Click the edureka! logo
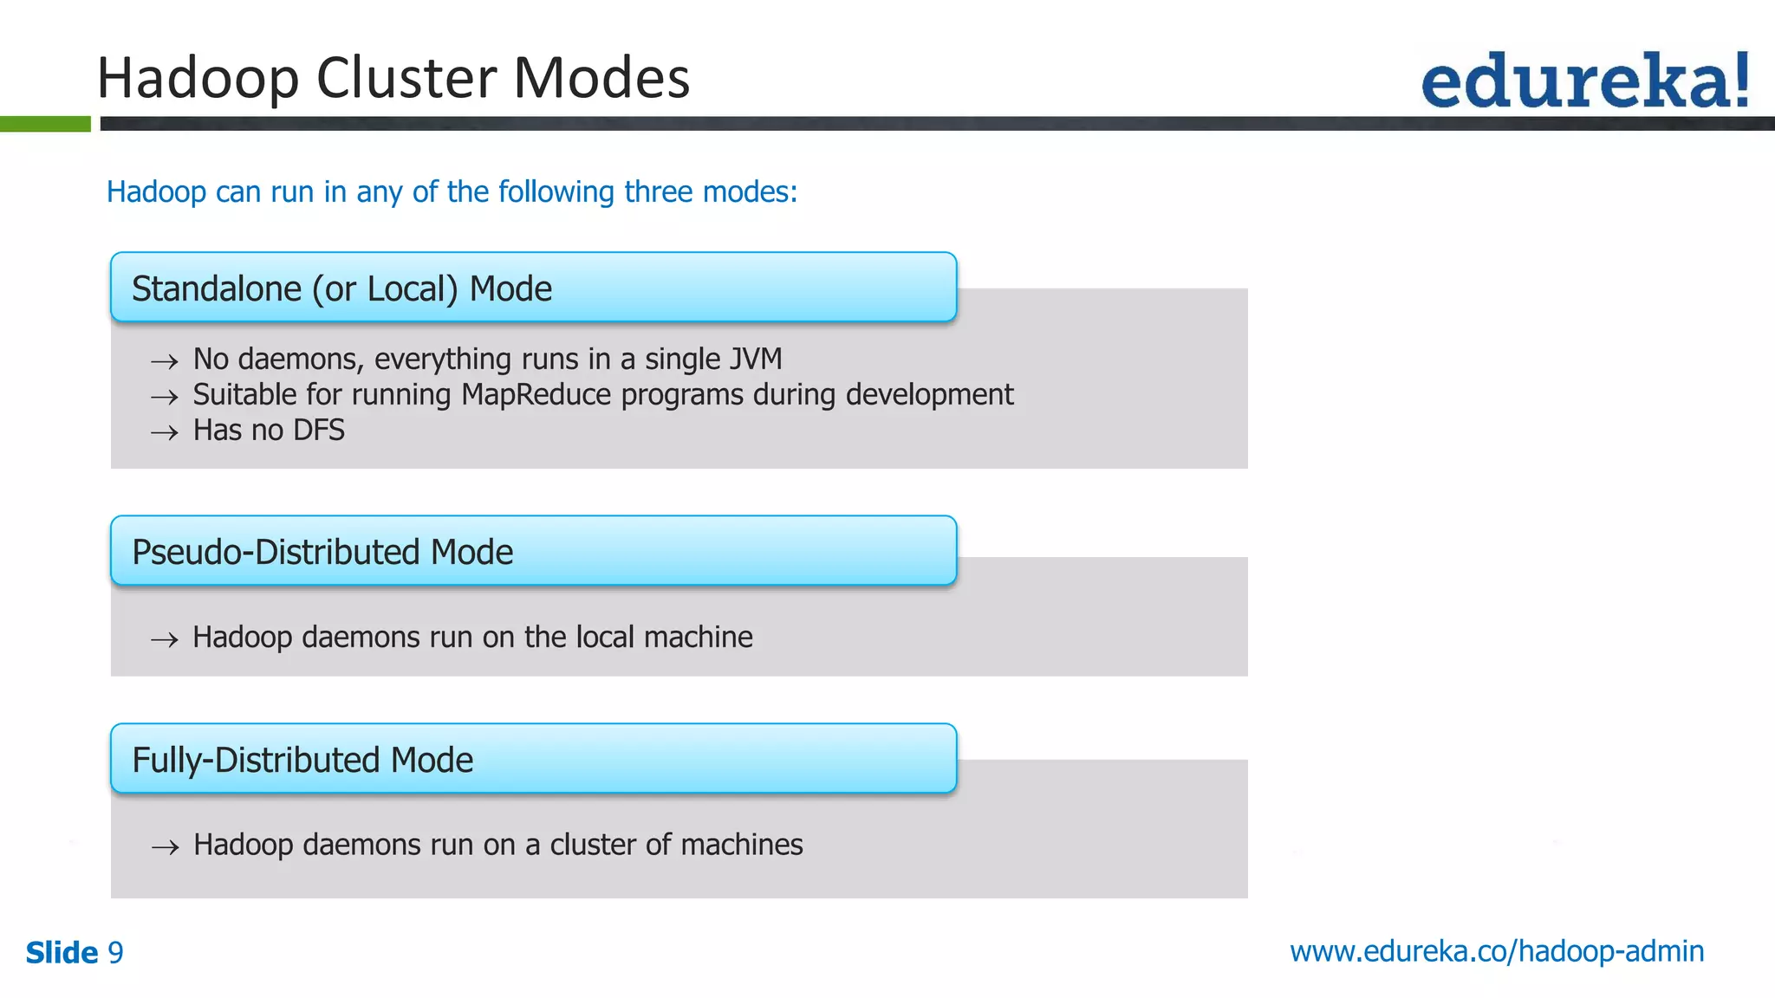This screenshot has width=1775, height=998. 1584,81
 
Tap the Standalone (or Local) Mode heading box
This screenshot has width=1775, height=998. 533,288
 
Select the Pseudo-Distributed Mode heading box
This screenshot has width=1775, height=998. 533,551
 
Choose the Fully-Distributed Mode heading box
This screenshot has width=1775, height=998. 533,759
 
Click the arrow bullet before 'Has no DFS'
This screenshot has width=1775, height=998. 164,432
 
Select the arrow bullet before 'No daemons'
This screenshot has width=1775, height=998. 164,361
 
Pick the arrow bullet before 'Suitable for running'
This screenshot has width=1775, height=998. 164,398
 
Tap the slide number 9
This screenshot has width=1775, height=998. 115,953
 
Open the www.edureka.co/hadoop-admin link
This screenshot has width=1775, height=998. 1497,951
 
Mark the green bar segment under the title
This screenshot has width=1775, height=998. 45,124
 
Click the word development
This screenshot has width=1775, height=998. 929,395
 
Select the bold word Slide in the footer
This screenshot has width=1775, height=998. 62,953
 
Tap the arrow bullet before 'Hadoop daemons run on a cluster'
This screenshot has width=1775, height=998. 165,847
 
